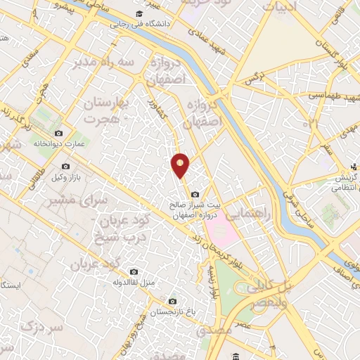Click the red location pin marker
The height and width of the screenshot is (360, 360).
[181, 165]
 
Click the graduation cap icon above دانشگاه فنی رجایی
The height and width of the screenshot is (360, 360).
[139, 13]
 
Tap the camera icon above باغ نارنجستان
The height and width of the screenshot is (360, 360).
[153, 301]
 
